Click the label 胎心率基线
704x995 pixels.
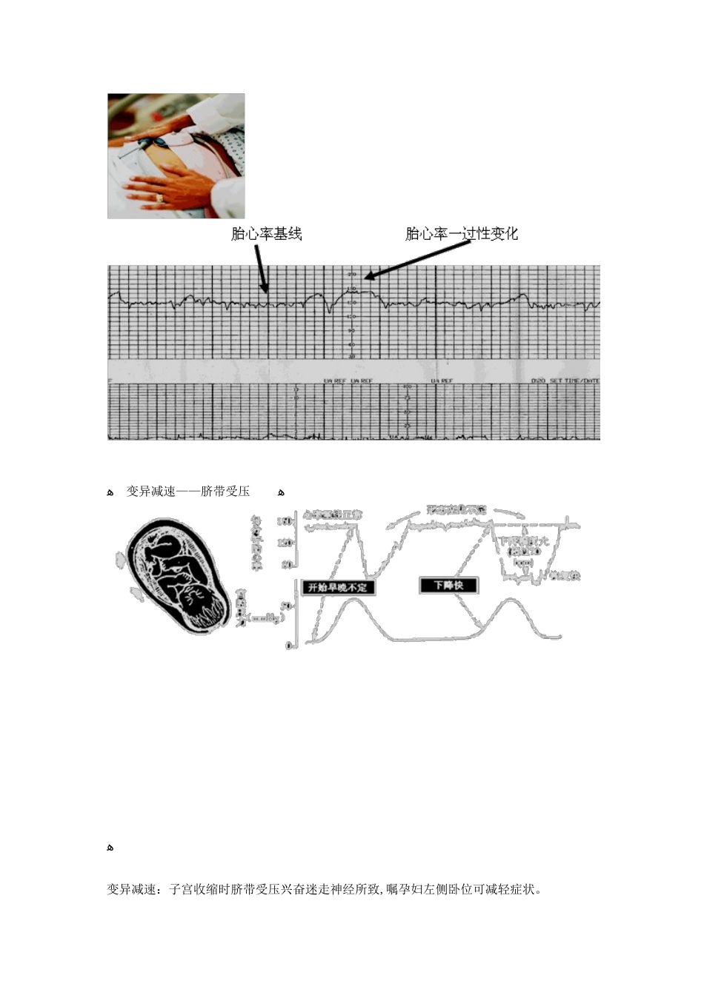click(x=266, y=234)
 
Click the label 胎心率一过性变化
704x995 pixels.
click(x=461, y=234)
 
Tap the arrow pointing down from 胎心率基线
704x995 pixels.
click(x=260, y=268)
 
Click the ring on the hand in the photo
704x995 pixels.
click(x=159, y=198)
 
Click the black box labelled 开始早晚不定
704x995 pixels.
click(x=338, y=587)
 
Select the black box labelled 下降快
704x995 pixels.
click(x=448, y=585)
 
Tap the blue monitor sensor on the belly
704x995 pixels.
click(x=157, y=142)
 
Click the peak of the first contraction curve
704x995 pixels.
click(x=354, y=597)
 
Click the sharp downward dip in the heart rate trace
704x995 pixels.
click(x=329, y=311)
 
